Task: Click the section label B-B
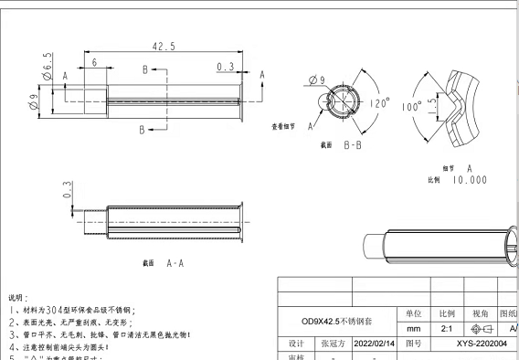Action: (x=355, y=144)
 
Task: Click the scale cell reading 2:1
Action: (x=447, y=328)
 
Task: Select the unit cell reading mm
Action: (x=413, y=328)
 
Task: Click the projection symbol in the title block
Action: (x=480, y=328)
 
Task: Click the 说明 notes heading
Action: (x=18, y=298)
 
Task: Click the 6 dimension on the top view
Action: (x=95, y=62)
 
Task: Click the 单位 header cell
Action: (x=413, y=312)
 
